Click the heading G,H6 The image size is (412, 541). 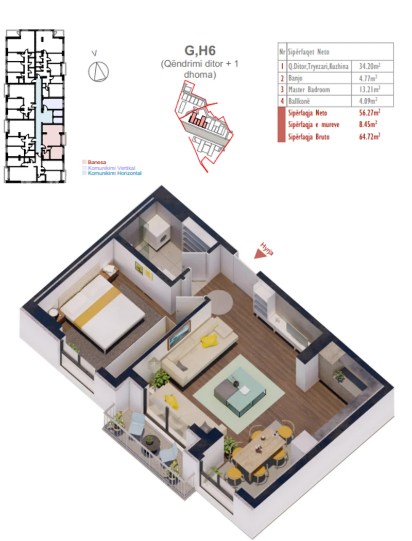200,51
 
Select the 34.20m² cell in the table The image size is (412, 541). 369,66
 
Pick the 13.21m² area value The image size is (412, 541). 369,90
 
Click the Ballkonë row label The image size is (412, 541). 300,101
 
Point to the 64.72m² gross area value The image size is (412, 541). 370,136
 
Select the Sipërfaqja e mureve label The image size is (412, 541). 311,125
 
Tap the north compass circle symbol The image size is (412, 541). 98,71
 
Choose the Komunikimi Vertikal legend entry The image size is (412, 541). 111,168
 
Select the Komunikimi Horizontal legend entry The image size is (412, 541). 114,173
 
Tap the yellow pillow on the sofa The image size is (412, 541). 209,340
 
